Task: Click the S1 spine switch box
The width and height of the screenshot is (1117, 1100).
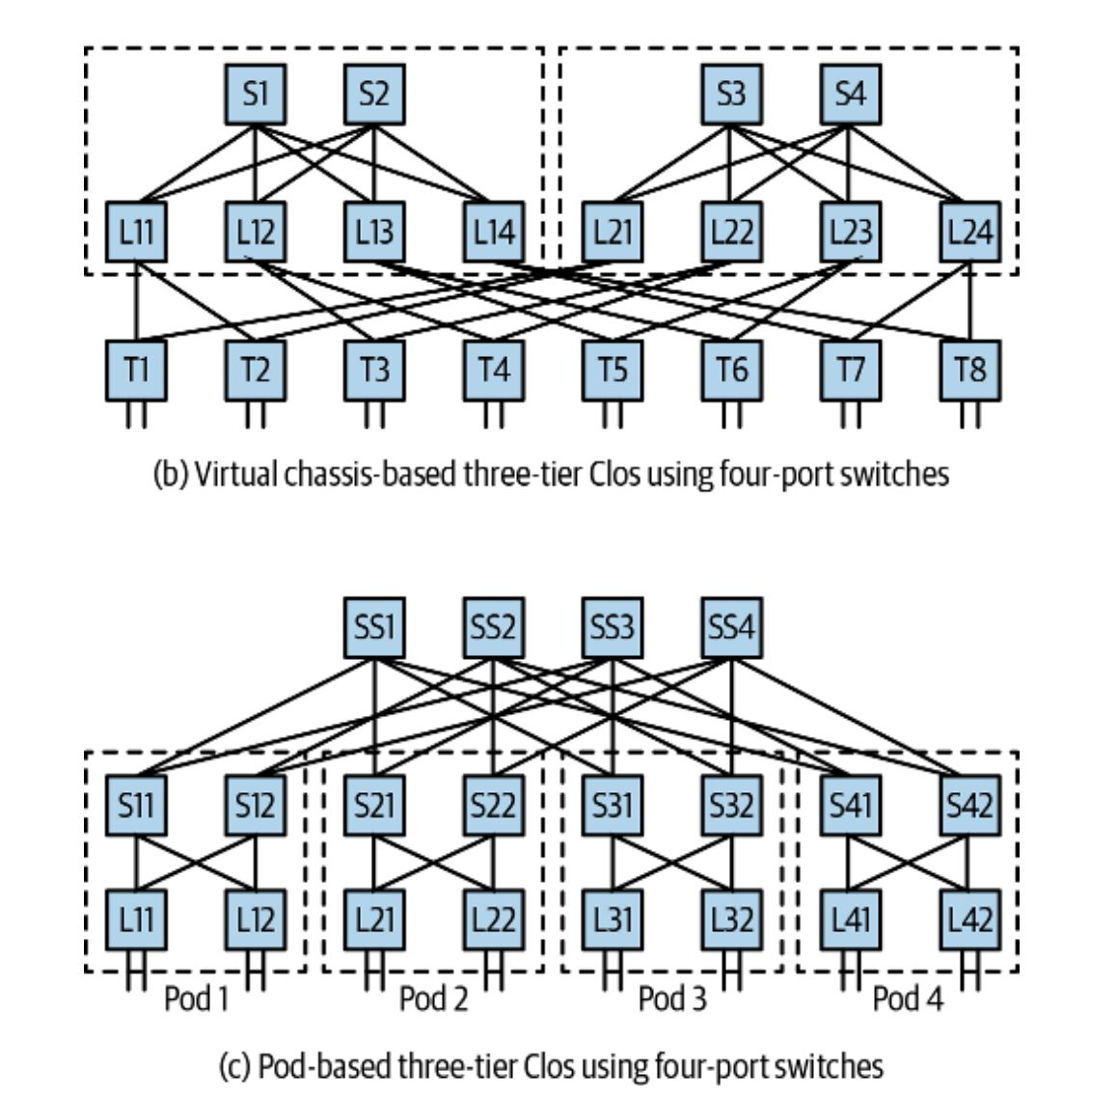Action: pos(255,95)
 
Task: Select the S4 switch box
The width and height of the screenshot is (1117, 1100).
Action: pos(850,95)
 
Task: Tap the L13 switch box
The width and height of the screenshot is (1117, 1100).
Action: pos(374,232)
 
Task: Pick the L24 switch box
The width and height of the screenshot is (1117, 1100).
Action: pos(969,232)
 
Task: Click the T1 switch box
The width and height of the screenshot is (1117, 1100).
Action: pos(136,370)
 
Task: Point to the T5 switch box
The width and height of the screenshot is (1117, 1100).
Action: pos(612,370)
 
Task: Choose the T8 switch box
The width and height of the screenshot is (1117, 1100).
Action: pos(969,370)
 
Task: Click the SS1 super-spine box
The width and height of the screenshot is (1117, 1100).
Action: pos(374,627)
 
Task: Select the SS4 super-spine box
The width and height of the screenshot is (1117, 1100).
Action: pos(731,627)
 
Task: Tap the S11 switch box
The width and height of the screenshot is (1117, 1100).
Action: pos(136,804)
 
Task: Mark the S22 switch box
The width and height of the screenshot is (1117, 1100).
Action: pos(493,804)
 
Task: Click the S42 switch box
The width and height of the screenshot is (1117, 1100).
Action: pos(969,804)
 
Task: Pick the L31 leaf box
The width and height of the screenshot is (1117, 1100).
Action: pos(612,918)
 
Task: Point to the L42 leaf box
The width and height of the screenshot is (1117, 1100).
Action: pos(969,918)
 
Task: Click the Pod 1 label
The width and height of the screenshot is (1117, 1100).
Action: pos(196,998)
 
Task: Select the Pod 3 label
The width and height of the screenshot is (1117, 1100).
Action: pos(672,998)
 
